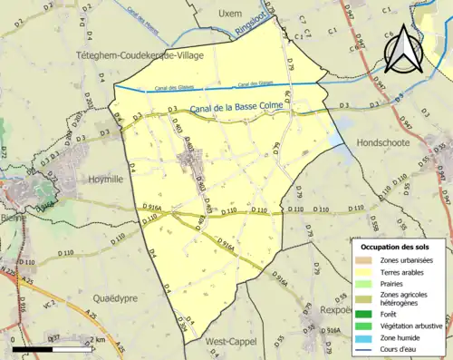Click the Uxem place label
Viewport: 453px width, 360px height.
point(232,14)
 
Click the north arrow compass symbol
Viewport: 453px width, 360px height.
point(402,51)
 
